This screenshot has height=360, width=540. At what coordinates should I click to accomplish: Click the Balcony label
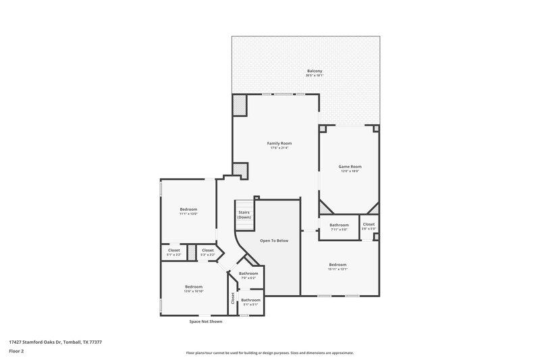(x=315, y=70)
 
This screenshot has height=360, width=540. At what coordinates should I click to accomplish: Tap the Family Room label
(x=279, y=143)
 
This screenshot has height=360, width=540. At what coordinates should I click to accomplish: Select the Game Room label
(x=350, y=166)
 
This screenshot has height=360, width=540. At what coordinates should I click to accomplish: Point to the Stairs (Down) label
(x=244, y=215)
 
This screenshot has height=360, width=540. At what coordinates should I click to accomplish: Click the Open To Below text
(x=275, y=240)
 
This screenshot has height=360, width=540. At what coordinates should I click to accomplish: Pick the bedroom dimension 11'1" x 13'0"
(x=188, y=214)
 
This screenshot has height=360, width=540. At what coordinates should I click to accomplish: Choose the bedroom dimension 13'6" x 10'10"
(x=194, y=291)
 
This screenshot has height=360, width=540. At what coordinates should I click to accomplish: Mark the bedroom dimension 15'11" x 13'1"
(x=337, y=269)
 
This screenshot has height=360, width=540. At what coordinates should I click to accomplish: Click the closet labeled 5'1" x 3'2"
(x=173, y=255)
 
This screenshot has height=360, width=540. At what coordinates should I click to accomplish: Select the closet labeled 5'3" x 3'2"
(x=208, y=255)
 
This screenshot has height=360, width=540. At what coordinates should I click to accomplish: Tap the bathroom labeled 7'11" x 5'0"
(x=339, y=230)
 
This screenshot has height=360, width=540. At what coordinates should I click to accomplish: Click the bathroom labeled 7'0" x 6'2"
(x=248, y=278)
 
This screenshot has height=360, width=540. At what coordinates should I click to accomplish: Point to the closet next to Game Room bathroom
(x=369, y=226)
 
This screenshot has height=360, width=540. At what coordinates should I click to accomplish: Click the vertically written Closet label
(x=233, y=298)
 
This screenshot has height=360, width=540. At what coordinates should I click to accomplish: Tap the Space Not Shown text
(x=205, y=322)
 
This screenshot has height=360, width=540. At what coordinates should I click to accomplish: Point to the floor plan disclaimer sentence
(x=269, y=353)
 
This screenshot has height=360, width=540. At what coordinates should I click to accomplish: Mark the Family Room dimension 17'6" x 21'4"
(x=279, y=148)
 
